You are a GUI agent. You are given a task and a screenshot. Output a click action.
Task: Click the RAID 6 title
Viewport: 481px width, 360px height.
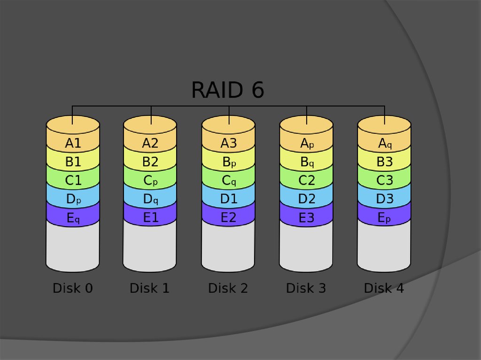227,90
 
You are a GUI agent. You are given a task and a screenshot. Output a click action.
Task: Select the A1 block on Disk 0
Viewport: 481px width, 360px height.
73,143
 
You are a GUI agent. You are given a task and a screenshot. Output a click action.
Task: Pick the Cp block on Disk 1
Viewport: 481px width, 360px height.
150,180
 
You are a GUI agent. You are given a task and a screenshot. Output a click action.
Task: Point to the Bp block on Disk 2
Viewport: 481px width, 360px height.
229,162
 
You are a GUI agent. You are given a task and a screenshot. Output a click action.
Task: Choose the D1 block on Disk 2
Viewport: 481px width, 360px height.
229,199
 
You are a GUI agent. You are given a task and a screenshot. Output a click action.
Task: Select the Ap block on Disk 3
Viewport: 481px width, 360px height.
307,143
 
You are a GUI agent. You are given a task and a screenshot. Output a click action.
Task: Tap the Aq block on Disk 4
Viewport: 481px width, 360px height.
385,143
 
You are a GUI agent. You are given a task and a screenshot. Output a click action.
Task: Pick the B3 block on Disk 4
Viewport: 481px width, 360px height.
385,162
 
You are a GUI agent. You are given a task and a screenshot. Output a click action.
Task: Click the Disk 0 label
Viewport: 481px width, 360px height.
73,288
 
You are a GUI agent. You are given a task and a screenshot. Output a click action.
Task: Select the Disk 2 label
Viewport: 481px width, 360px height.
228,288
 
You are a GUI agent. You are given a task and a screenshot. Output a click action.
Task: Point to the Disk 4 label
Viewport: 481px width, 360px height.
384,288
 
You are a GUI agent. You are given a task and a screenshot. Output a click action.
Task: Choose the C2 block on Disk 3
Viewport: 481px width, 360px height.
307,180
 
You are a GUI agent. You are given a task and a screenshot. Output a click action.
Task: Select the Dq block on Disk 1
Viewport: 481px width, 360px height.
150,199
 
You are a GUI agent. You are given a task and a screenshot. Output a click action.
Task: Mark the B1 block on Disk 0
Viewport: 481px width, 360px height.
73,162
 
